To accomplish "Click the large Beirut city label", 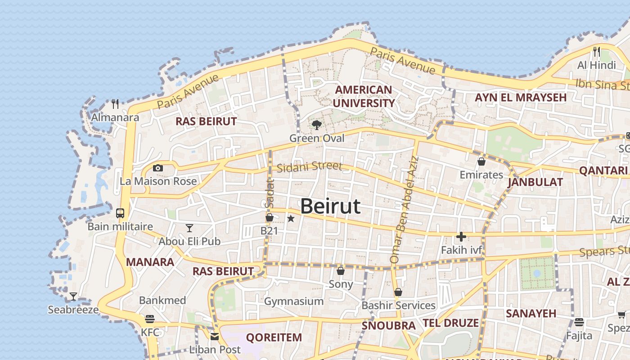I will pyautogui.click(x=330, y=207).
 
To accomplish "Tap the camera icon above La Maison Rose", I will pyautogui.click(x=157, y=168).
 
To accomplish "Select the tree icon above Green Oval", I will pyautogui.click(x=317, y=125).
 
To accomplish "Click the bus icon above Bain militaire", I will pyautogui.click(x=120, y=213).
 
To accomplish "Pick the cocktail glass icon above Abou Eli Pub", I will pyautogui.click(x=189, y=228).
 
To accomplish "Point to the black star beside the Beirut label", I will pyautogui.click(x=291, y=219).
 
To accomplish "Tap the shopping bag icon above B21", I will pyautogui.click(x=270, y=218).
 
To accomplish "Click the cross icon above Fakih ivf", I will pyautogui.click(x=461, y=237).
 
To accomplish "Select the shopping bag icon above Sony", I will pyautogui.click(x=341, y=271).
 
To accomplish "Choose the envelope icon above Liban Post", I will pyautogui.click(x=215, y=336).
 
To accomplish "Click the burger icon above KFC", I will pyautogui.click(x=150, y=319).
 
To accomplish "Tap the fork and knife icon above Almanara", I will pyautogui.click(x=115, y=104).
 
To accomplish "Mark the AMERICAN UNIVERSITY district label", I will pyautogui.click(x=364, y=96).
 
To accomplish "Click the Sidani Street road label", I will pyautogui.click(x=309, y=167).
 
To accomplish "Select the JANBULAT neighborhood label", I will pyautogui.click(x=535, y=182).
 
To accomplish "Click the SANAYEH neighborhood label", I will pyautogui.click(x=531, y=314).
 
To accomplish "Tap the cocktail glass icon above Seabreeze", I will pyautogui.click(x=73, y=297).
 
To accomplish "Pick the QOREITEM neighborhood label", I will pyautogui.click(x=274, y=337).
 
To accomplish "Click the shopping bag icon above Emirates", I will pyautogui.click(x=481, y=161).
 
